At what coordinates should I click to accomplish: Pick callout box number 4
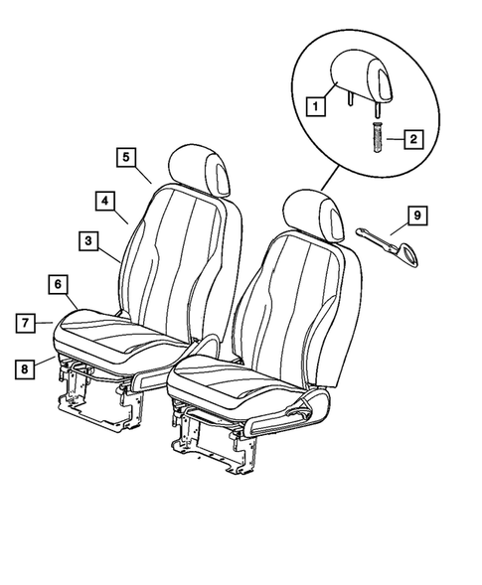point(104,200)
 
